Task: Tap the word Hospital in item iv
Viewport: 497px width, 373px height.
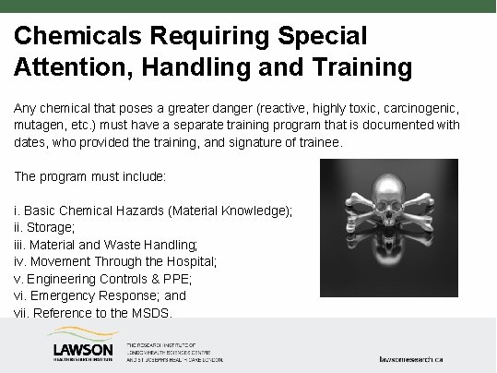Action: pos(190,261)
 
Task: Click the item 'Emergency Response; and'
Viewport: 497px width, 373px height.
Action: pos(107,295)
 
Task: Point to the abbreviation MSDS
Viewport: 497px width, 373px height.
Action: pos(152,312)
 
